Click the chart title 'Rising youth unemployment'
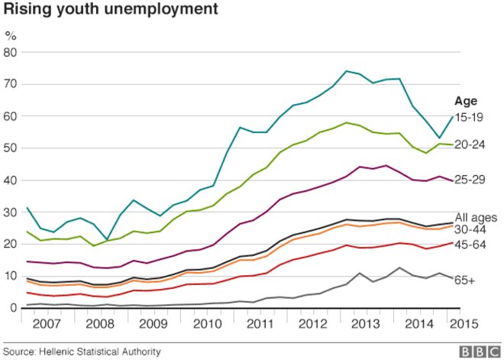tap(110, 11)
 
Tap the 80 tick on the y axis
tap(11, 52)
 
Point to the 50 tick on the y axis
tap(11, 148)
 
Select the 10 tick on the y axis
tap(11, 275)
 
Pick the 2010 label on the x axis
tap(208, 323)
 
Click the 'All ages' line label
tap(475, 217)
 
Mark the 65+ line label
tap(465, 281)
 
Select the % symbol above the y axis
tap(10, 35)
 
